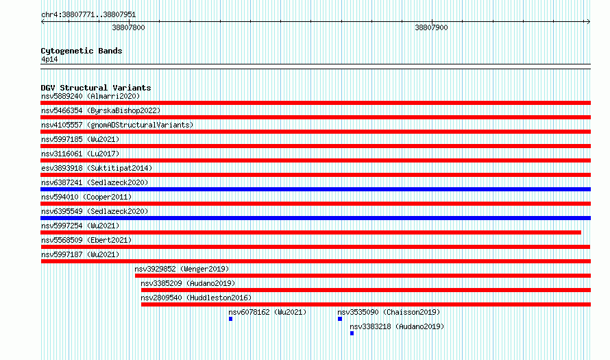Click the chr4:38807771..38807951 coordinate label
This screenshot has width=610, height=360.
tap(88, 15)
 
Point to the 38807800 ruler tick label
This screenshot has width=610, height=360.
tap(128, 27)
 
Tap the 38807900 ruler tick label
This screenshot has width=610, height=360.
tap(431, 27)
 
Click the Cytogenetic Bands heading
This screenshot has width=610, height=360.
tap(82, 51)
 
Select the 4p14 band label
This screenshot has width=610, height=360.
tap(49, 59)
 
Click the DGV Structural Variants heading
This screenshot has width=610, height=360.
tap(96, 88)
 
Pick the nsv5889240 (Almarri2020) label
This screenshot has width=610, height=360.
tap(90, 96)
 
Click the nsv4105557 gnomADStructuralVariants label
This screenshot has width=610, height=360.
tap(117, 125)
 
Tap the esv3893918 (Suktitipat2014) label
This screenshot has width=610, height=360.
tap(97, 168)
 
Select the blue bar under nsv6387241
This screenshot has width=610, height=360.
tap(315, 189)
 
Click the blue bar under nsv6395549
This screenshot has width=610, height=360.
tap(315, 218)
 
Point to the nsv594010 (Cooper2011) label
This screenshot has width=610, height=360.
tap(86, 197)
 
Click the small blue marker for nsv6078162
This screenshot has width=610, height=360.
tap(231, 319)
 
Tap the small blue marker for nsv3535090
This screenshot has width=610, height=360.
tap(340, 319)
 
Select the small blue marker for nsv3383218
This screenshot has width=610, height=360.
tap(352, 333)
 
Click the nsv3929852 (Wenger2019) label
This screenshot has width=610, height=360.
tap(182, 269)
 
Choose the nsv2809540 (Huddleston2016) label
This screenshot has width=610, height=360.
tap(196, 298)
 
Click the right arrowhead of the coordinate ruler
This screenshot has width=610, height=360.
tap(589, 22)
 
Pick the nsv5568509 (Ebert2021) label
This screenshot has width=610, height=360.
tap(86, 240)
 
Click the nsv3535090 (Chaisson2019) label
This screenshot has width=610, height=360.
tap(389, 312)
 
